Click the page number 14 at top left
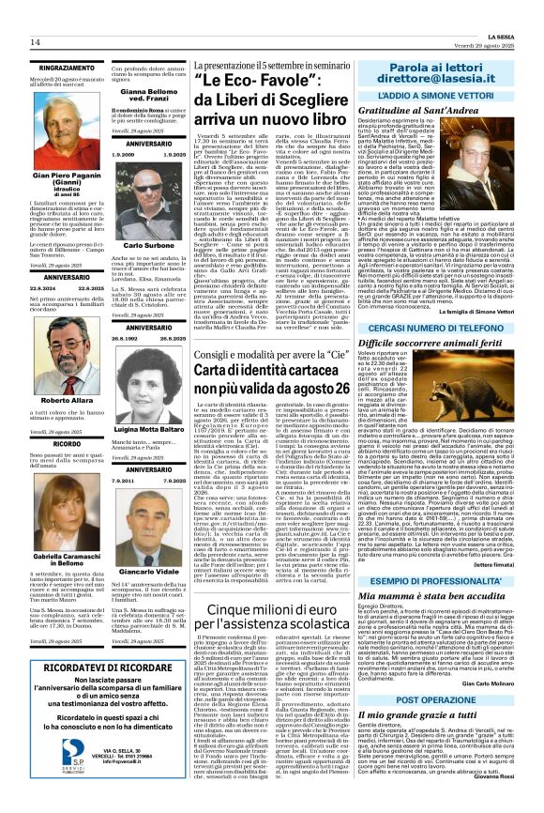36,43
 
